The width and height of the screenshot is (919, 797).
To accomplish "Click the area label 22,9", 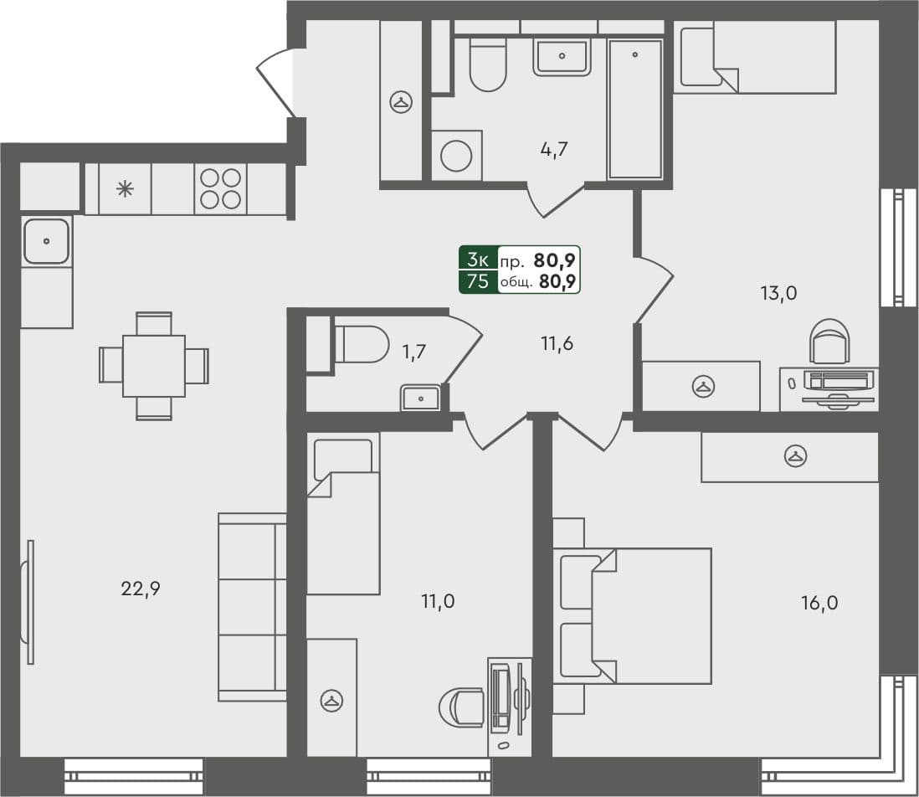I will [x=141, y=589].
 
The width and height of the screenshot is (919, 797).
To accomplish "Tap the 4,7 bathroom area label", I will [x=554, y=151].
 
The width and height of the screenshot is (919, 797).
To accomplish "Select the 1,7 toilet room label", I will [x=415, y=352].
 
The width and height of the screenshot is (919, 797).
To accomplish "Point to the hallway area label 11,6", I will [x=557, y=342].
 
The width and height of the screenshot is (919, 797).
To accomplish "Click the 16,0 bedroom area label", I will [x=819, y=602].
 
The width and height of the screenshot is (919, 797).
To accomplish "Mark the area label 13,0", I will [x=778, y=293].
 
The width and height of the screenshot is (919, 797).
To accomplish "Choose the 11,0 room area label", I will [x=437, y=600].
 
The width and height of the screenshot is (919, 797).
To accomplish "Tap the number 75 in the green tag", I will [x=478, y=281].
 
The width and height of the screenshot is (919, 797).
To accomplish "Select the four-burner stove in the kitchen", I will [x=220, y=188].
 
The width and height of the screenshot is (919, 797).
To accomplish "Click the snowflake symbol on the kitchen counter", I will [x=125, y=188].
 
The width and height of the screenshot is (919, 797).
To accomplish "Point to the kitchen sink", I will [x=46, y=241].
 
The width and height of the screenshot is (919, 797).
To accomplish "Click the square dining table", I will [x=154, y=366].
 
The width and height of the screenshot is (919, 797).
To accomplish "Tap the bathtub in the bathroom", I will [x=635, y=108].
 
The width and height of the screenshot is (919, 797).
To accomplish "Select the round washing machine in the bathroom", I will [x=457, y=156].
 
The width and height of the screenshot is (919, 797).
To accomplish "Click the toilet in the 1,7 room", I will [x=362, y=344].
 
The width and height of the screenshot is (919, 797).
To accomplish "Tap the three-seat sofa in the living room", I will [x=252, y=607].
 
